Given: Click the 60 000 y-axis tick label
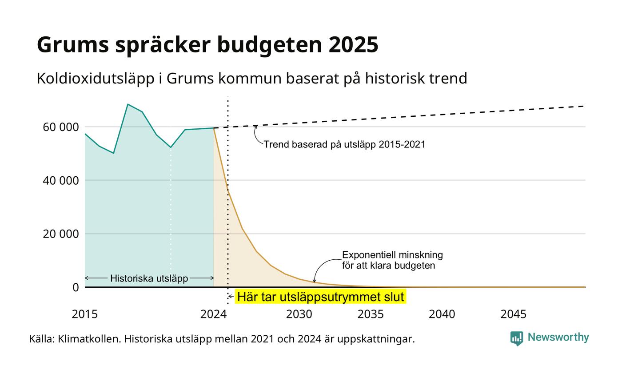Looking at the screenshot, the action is click(x=61, y=127).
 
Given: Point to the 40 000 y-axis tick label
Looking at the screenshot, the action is click(x=61, y=181).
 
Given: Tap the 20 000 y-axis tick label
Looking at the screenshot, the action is click(x=61, y=234).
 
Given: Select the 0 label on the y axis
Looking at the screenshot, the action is click(x=76, y=288).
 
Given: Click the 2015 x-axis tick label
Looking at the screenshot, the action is click(x=85, y=314).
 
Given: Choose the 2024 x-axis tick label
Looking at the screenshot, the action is click(x=214, y=314).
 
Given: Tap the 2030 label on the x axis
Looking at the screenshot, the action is click(x=299, y=314).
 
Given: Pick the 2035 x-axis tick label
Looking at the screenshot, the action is click(x=371, y=314).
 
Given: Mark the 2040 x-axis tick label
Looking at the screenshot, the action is click(x=442, y=314).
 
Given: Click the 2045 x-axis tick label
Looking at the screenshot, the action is click(x=514, y=314).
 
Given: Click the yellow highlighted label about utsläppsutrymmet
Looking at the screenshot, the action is click(x=320, y=297).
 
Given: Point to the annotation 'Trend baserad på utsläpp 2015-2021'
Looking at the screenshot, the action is click(x=344, y=145).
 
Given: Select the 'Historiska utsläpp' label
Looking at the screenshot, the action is click(x=149, y=278).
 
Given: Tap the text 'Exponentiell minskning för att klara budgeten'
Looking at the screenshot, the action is click(x=392, y=260).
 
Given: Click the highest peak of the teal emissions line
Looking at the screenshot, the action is click(x=128, y=104).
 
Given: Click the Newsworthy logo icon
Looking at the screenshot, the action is click(x=516, y=338).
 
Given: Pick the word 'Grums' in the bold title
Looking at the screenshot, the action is click(x=73, y=45).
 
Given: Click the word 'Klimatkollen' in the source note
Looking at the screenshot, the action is click(x=89, y=339).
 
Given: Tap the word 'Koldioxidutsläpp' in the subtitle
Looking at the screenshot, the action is click(x=95, y=79).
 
